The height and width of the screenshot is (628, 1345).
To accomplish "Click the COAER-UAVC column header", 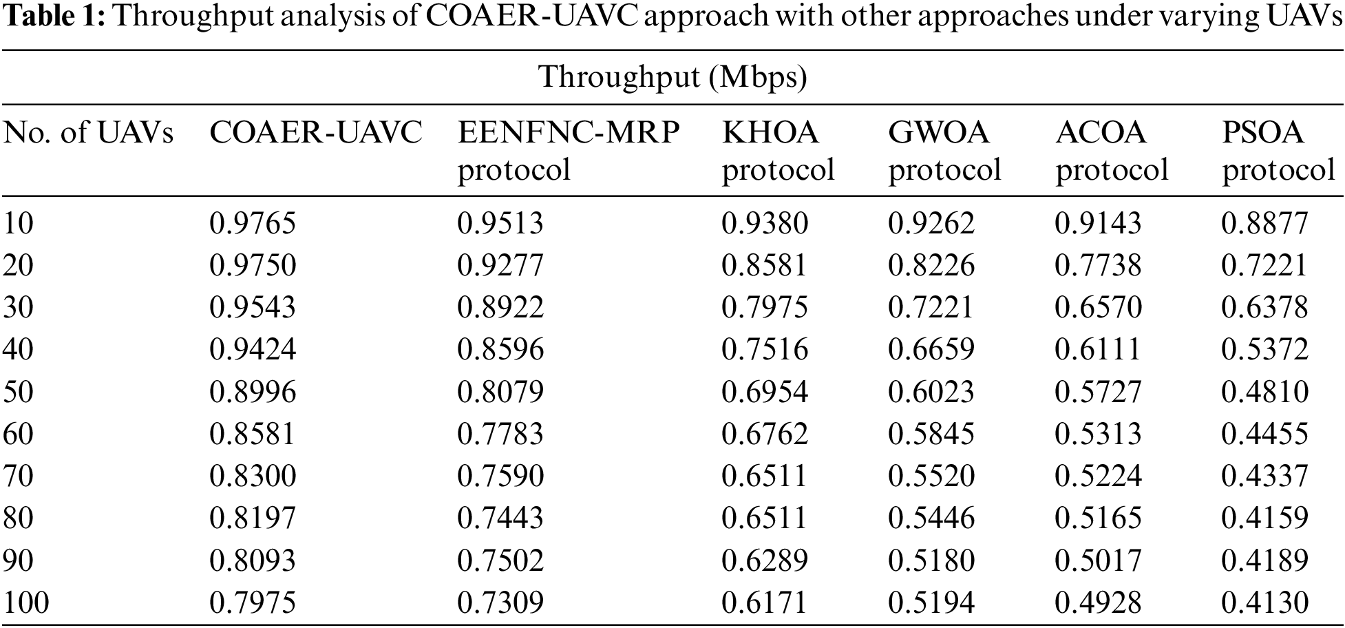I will click(x=315, y=132).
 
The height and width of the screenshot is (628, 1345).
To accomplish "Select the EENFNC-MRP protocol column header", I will click(x=569, y=150).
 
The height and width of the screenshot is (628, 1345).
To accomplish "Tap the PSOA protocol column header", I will click(x=1278, y=150).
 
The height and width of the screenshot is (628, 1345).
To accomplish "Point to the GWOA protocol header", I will click(x=944, y=150).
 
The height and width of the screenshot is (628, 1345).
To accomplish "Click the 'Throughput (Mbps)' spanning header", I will click(x=672, y=77).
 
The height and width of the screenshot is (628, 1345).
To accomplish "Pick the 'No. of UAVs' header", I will click(x=88, y=132).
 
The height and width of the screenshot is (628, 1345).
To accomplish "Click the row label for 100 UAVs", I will click(x=26, y=603).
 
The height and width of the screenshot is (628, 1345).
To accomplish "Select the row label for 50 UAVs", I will click(x=19, y=392).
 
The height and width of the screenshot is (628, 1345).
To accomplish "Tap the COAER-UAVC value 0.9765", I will click(x=253, y=223).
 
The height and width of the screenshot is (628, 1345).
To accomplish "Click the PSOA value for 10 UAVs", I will click(x=1264, y=223).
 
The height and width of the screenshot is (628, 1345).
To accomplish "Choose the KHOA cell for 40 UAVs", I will click(x=765, y=350).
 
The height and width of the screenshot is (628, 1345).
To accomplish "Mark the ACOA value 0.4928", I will click(x=1098, y=603).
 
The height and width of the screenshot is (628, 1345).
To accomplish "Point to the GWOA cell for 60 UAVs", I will click(x=931, y=434).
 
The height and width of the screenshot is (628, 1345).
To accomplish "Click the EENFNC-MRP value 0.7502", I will click(x=500, y=561).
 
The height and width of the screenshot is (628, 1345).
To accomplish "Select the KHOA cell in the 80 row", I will click(x=765, y=518).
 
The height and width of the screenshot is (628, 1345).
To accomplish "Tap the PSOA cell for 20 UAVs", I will click(x=1264, y=265).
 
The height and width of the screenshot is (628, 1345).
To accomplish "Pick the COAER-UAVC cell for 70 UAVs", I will click(x=253, y=476).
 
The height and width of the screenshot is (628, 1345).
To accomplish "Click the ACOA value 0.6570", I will click(x=1098, y=307).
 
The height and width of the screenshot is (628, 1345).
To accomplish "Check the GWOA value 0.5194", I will click(x=931, y=603).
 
